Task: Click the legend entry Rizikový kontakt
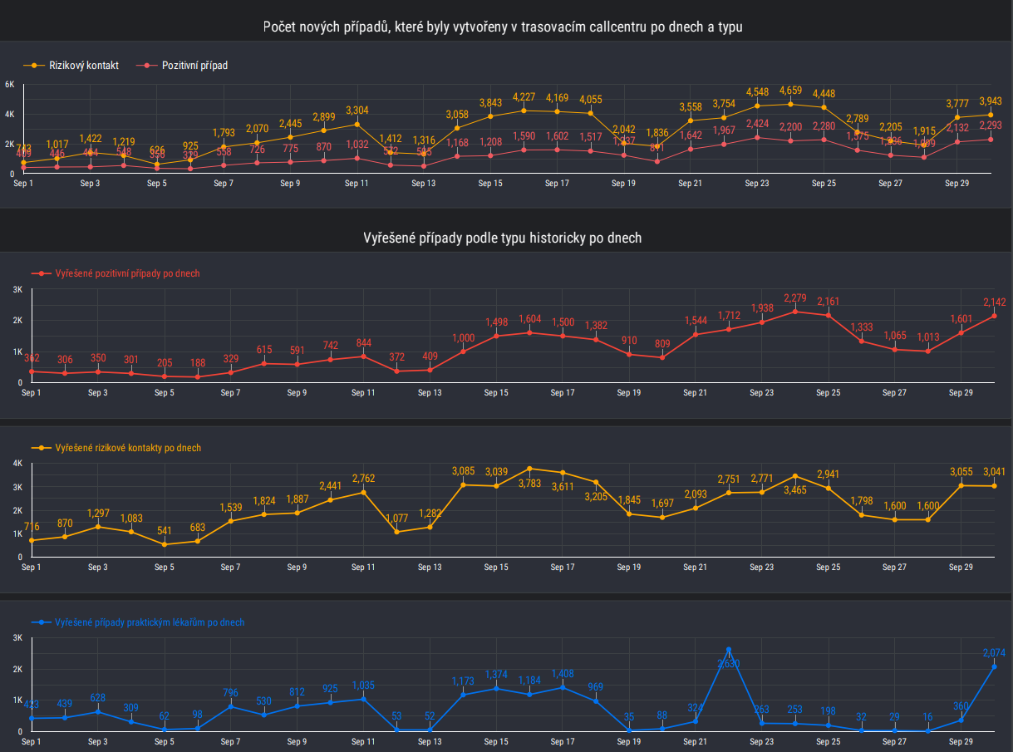84,65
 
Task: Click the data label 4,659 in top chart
790,91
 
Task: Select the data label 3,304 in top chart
357,111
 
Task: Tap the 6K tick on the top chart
9,85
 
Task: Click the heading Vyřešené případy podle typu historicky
502,238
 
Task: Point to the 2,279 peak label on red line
795,298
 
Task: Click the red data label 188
198,363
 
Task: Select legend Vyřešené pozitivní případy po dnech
127,273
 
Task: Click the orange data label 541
165,531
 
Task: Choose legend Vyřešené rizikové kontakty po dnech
127,448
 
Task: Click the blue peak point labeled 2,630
729,650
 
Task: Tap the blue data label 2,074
994,653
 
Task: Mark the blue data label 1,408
563,674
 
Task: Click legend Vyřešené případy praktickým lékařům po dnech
149,622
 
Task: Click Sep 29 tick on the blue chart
961,741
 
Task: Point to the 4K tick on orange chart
17,463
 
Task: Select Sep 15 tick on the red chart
496,392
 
